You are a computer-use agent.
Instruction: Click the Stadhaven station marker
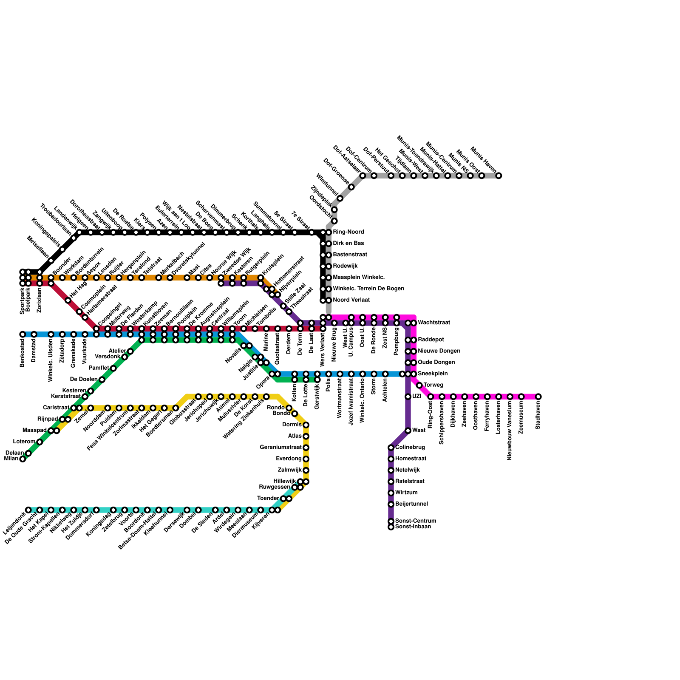538,397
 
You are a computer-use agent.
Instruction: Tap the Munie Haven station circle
499,176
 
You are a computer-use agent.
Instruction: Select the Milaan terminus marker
23,459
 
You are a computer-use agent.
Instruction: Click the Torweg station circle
419,385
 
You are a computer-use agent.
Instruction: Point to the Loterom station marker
40,442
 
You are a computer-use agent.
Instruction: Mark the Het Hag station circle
68,300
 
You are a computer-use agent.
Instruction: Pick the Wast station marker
408,431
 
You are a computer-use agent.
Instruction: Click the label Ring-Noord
348,232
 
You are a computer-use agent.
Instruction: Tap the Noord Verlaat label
351,300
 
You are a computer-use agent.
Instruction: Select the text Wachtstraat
434,323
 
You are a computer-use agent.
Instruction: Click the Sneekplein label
433,374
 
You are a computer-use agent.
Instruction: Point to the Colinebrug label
410,448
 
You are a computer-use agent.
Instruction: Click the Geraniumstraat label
280,448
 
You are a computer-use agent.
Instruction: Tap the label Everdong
289,459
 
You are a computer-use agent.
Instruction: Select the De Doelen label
84,379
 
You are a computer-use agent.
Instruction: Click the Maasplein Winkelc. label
359,278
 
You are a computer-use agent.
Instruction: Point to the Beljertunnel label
411,504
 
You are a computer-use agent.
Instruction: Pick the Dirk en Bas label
348,244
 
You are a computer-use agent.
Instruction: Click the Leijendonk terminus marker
28,510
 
